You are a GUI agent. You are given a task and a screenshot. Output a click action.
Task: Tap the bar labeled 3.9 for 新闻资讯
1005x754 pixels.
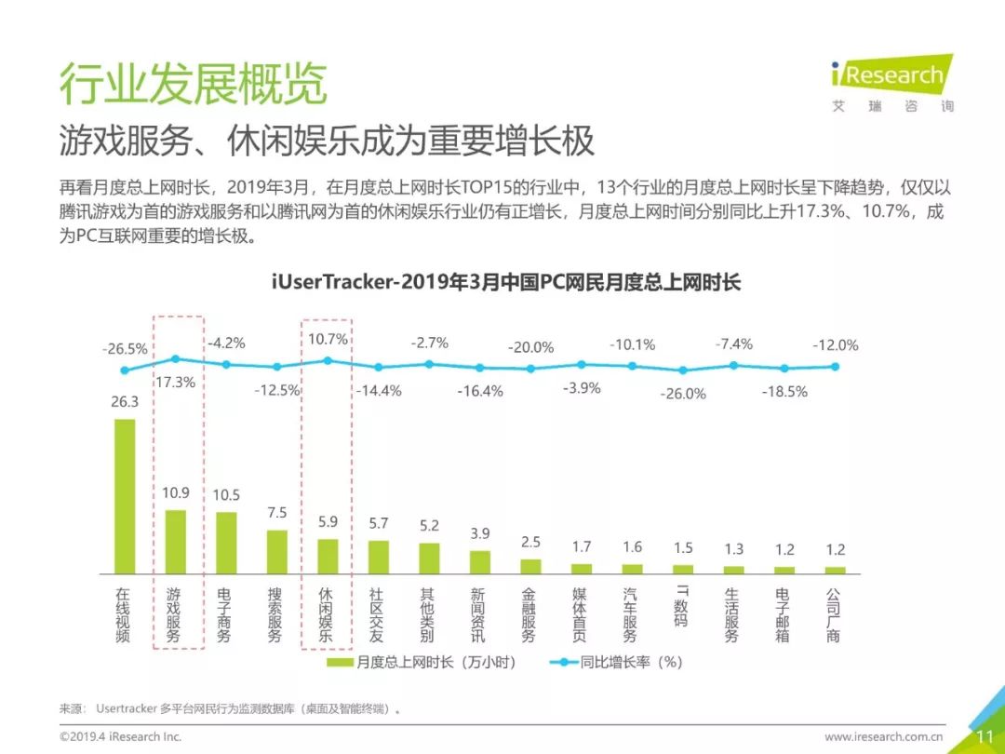tap(479, 561)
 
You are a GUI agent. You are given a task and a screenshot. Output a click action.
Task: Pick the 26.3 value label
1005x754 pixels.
tap(125, 402)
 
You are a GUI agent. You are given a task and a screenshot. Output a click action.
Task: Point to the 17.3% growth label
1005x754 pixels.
tap(175, 382)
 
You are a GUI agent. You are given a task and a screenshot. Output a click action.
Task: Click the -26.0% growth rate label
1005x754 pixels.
tap(683, 394)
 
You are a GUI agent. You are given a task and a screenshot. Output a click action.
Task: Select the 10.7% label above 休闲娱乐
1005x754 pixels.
tap(328, 339)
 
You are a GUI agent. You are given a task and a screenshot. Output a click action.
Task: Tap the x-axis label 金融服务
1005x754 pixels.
tap(529, 614)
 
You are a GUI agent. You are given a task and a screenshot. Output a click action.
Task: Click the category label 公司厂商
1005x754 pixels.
tap(834, 614)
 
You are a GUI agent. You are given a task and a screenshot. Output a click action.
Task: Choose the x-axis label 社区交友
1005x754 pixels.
tap(377, 614)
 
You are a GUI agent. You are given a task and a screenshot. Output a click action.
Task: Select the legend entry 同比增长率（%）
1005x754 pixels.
tap(619, 663)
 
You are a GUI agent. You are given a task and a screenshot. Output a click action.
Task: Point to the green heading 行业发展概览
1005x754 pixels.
tap(194, 85)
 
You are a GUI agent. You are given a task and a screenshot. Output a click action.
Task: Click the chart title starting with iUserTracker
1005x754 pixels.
tap(506, 282)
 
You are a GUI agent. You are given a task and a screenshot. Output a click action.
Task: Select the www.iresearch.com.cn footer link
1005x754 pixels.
tap(884, 736)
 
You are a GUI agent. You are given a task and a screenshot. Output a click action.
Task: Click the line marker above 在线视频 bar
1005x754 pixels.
tap(125, 370)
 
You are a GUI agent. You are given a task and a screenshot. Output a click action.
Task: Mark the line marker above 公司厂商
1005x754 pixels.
tap(835, 366)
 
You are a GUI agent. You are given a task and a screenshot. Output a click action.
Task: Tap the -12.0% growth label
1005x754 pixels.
tap(835, 344)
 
